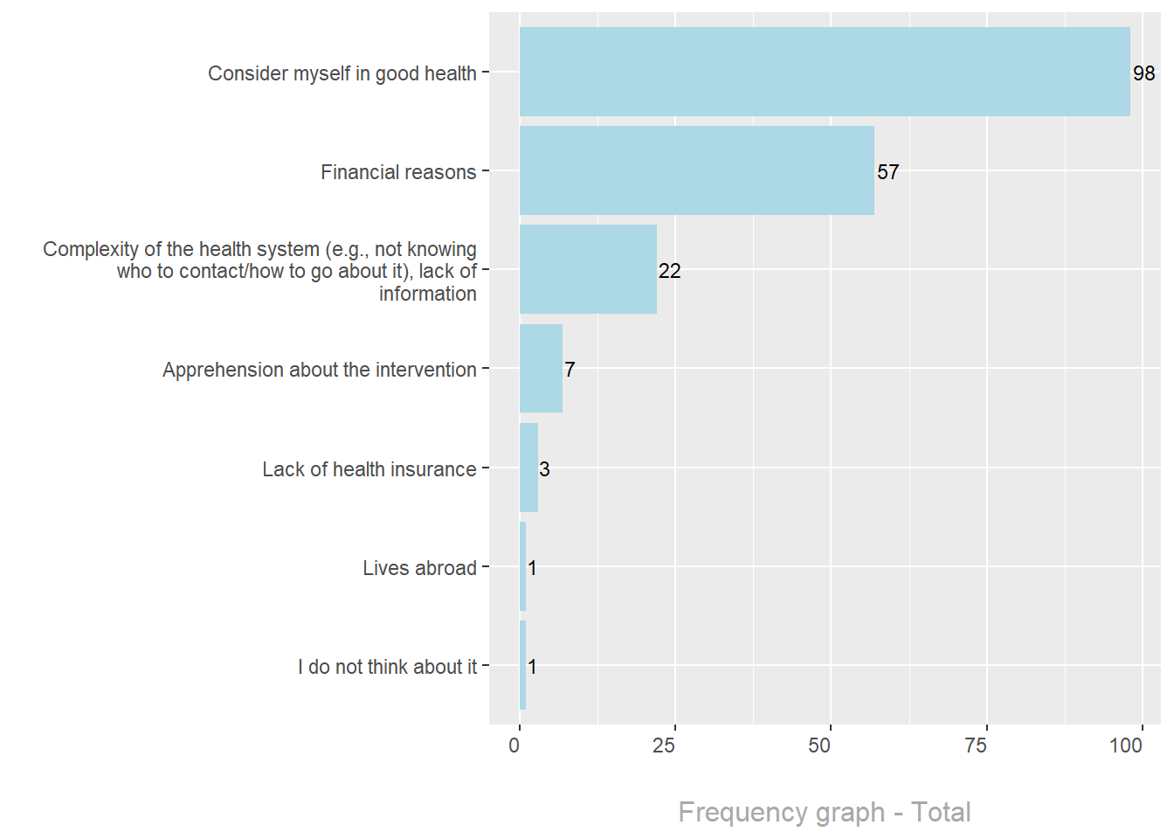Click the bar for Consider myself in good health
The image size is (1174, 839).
[x=825, y=72]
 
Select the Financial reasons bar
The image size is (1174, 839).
[x=696, y=170]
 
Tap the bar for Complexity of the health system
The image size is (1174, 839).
[x=588, y=269]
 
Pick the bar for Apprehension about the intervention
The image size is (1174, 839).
[x=541, y=368]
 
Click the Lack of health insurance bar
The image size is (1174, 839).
[x=528, y=468]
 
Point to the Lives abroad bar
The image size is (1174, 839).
[x=522, y=566]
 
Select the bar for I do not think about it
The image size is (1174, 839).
[x=522, y=665]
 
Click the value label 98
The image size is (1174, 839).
[x=1143, y=73]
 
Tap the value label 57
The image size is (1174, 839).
[x=887, y=172]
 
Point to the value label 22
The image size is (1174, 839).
[x=669, y=271]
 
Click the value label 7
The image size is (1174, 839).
[x=570, y=370]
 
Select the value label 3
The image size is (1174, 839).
[x=544, y=469]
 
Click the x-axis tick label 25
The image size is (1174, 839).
[x=664, y=745]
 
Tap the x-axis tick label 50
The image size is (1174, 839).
[x=819, y=745]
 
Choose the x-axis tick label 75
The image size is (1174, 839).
[x=976, y=745]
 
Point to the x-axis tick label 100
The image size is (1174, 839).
[x=1126, y=745]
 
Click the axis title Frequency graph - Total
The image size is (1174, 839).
[x=824, y=812]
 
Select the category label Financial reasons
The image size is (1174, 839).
[x=398, y=172]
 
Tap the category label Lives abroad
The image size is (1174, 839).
[x=419, y=568]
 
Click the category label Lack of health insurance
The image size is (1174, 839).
[x=369, y=469]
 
